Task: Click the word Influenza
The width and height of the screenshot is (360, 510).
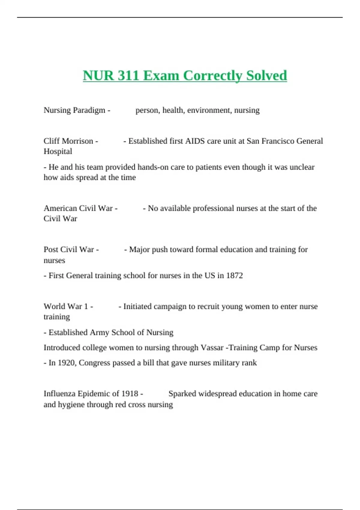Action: (59, 394)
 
